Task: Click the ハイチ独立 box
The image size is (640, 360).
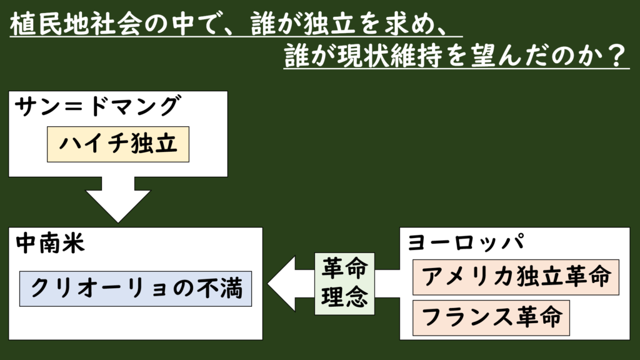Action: pos(118,144)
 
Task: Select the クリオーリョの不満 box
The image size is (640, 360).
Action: pos(135,288)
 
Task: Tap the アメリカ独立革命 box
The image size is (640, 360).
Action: pos(516,277)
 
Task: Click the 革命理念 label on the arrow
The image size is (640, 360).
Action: pos(344,284)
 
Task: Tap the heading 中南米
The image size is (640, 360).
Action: pos(49,243)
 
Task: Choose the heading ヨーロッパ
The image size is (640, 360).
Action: pos(466,242)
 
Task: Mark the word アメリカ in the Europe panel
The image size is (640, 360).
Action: pos(461,277)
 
